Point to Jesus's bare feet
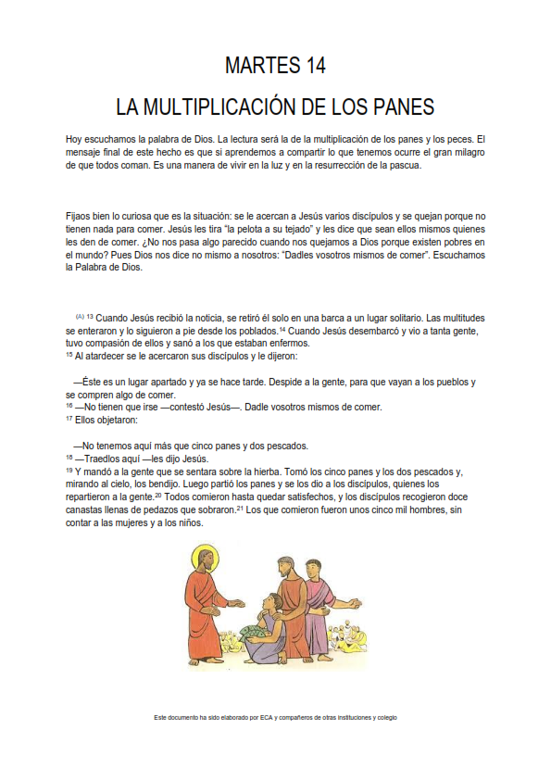[209, 661]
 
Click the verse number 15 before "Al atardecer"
[69, 354]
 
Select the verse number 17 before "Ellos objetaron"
[69, 418]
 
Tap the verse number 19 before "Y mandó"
[69, 471]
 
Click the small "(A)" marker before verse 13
[80, 316]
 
